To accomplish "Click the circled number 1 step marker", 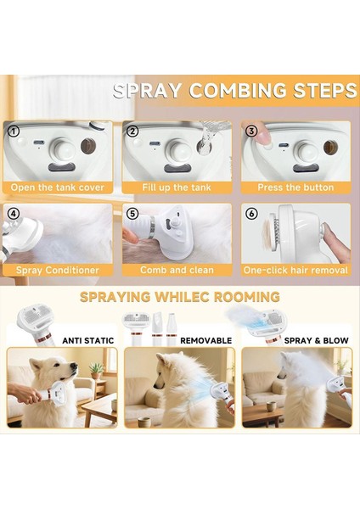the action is tap(14, 131).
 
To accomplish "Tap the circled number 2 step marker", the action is tap(132, 131).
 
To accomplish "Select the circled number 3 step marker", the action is tap(251, 131).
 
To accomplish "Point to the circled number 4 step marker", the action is tap(14, 214).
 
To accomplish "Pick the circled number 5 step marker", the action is tap(132, 214).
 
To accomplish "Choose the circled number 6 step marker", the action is tap(251, 214).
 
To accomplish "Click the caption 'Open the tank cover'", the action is tap(58, 187).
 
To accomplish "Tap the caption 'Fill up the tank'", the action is tap(177, 187).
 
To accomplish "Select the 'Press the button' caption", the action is tap(295, 187).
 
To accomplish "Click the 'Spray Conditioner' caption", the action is tap(58, 270).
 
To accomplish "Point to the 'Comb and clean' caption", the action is tap(177, 270).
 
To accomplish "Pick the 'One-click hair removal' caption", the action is tap(295, 270).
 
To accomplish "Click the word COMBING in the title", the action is tap(238, 91).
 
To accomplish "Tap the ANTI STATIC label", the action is tap(88, 340).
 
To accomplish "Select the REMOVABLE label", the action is tap(206, 340).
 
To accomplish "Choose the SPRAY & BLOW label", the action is tap(316, 340).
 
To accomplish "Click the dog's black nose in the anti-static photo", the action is tap(74, 366).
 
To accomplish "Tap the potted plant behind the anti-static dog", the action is tap(96, 371).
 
